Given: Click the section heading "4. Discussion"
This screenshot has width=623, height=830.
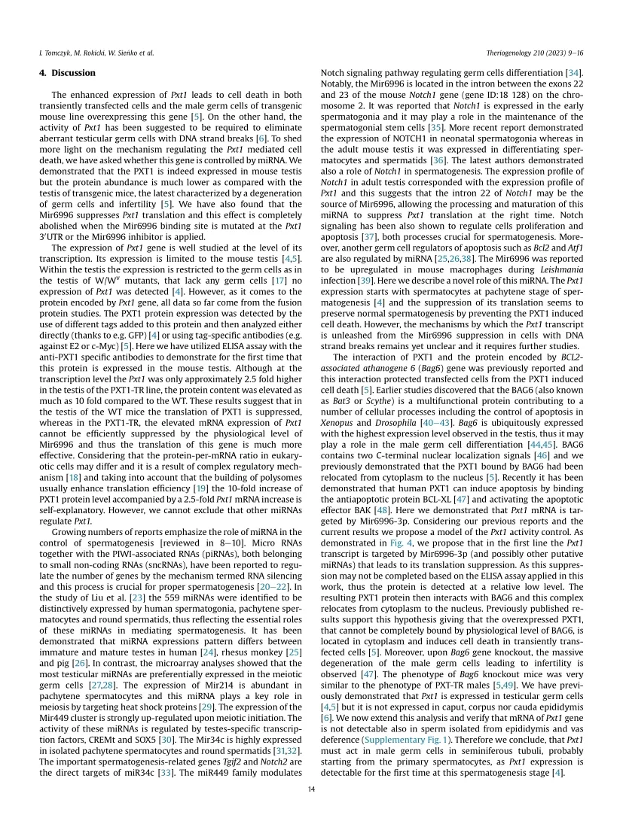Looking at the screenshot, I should click(67, 73).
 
